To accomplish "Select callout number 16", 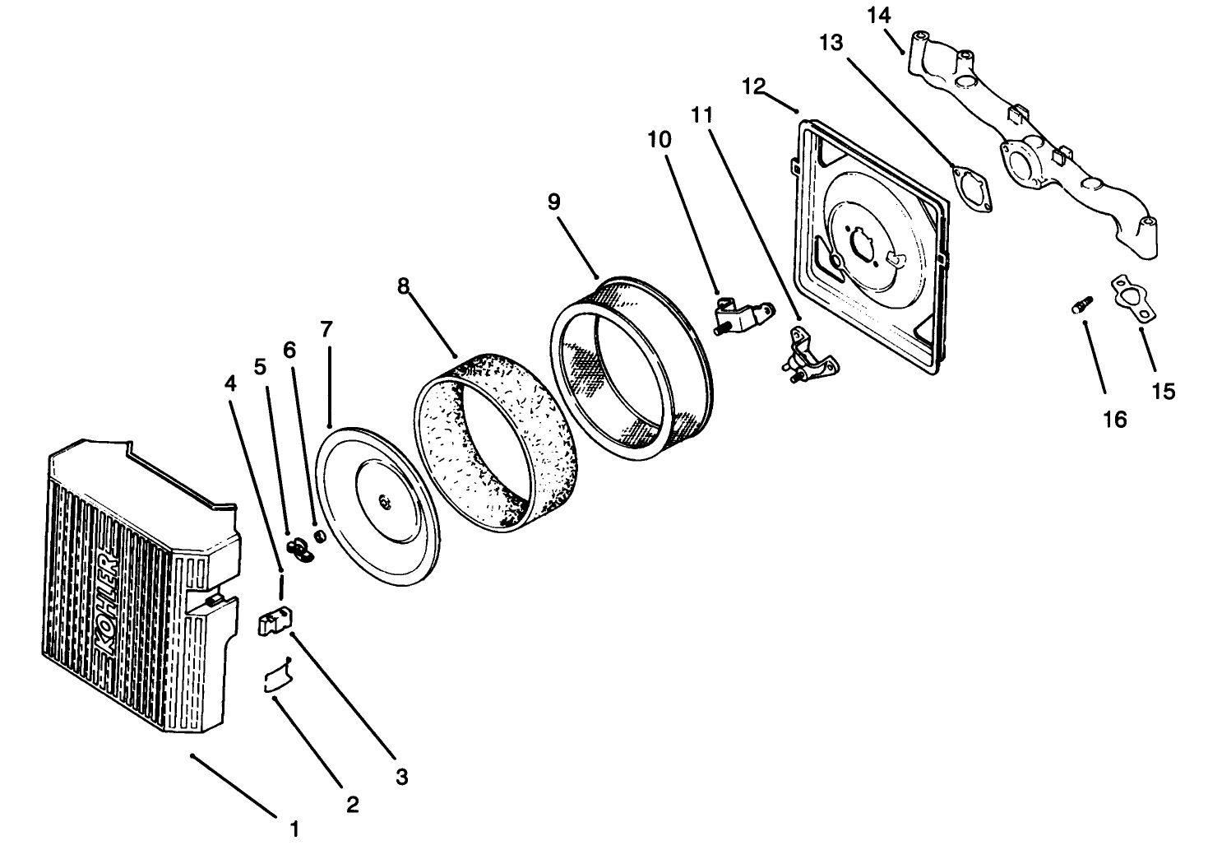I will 1114,419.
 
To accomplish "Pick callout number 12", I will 753,86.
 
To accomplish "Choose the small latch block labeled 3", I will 275,621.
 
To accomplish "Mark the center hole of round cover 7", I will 383,500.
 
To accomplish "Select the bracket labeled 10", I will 740,317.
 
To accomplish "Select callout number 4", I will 231,383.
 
